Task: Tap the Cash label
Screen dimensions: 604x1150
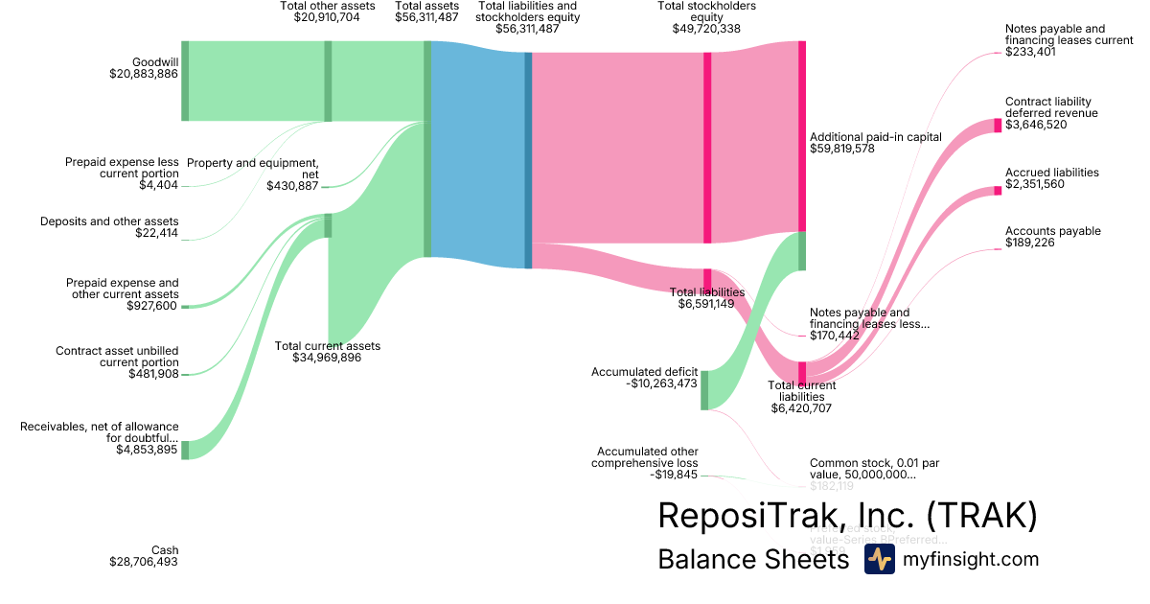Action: tap(165, 549)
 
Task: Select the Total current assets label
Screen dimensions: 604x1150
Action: tap(327, 346)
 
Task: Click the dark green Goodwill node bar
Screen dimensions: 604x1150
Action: tap(185, 81)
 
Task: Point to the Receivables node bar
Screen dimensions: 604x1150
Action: tap(185, 450)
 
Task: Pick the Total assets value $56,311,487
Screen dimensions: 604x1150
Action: tap(426, 17)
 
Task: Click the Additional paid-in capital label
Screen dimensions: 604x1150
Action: tap(875, 137)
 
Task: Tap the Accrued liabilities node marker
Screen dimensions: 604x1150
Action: tap(998, 190)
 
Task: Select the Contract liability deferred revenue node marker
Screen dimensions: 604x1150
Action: tap(998, 125)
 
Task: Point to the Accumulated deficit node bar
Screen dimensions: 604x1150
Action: tap(704, 389)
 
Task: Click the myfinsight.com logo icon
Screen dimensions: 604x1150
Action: tap(879, 560)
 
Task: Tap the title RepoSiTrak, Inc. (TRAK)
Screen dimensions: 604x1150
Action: tap(847, 516)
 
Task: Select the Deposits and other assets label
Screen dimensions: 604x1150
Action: tap(109, 221)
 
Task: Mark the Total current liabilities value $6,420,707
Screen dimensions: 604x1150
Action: tap(801, 408)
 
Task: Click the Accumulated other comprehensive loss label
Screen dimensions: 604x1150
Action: tap(647, 456)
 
